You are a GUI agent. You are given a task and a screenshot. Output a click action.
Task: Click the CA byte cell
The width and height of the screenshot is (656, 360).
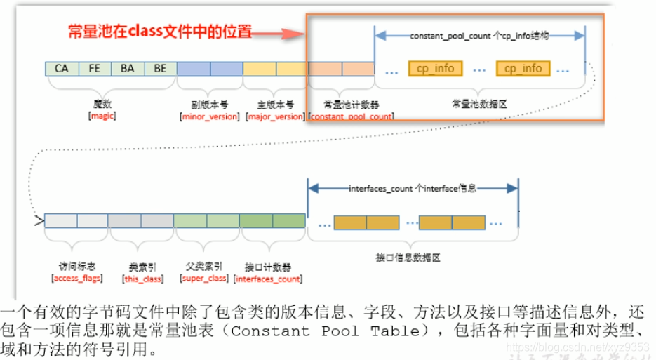[x=61, y=69]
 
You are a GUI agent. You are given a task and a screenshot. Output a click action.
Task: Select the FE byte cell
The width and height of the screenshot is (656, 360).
[x=95, y=69]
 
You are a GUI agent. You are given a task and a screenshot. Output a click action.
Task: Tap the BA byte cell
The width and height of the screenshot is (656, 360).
[x=128, y=69]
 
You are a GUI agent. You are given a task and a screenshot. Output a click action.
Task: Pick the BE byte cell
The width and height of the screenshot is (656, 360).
[x=160, y=69]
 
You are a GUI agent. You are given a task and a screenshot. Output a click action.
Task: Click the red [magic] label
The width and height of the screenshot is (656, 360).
[x=102, y=116]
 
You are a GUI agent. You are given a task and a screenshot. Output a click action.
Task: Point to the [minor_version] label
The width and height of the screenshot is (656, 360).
[x=210, y=116]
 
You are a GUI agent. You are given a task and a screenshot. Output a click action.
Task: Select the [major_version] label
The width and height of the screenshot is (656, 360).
[x=276, y=116]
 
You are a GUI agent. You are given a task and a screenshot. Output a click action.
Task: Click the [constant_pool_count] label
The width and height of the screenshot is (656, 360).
[x=351, y=116]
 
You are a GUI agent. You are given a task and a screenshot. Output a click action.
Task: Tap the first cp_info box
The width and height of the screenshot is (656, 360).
[x=435, y=69]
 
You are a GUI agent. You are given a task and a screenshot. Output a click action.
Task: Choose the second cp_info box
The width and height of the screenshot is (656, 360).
[x=523, y=69]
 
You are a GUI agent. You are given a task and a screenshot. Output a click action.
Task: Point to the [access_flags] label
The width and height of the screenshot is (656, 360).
[x=77, y=279]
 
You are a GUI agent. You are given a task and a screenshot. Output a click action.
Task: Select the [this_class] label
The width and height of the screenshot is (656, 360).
[x=142, y=279]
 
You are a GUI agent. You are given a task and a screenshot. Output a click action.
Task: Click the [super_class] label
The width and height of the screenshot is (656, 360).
[x=204, y=279]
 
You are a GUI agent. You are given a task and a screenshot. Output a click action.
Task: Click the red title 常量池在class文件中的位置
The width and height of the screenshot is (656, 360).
[x=159, y=32]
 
